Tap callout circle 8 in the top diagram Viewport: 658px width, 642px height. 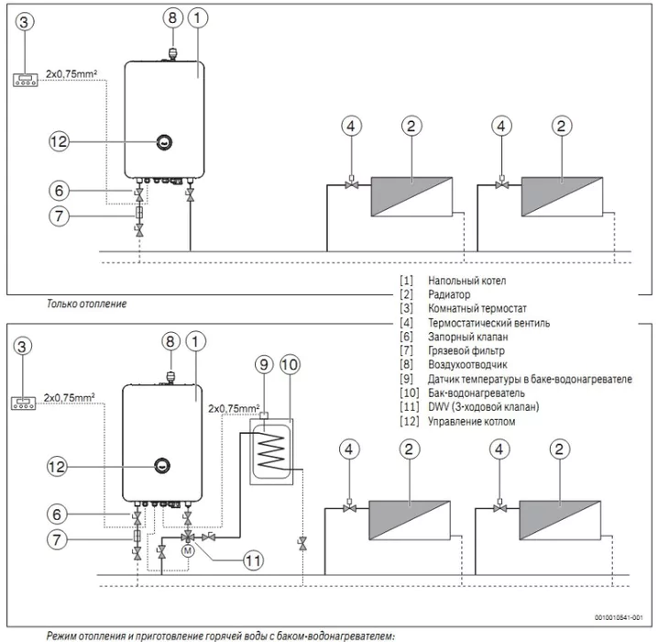click(173, 17)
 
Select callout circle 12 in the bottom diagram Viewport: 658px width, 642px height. click(59, 466)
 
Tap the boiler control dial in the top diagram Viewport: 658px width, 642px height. click(163, 142)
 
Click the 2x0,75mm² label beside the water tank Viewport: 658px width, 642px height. click(235, 406)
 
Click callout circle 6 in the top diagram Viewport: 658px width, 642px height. click(59, 191)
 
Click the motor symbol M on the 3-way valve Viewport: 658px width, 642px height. click(189, 551)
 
